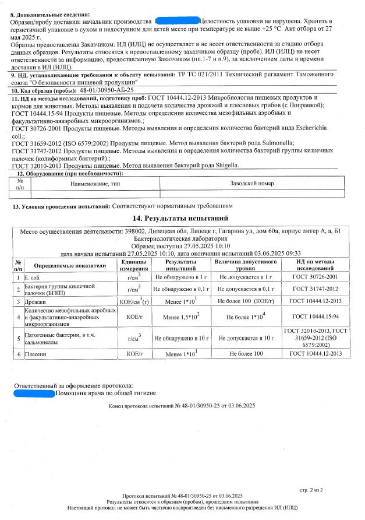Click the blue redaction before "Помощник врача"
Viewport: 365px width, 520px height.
(33, 394)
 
